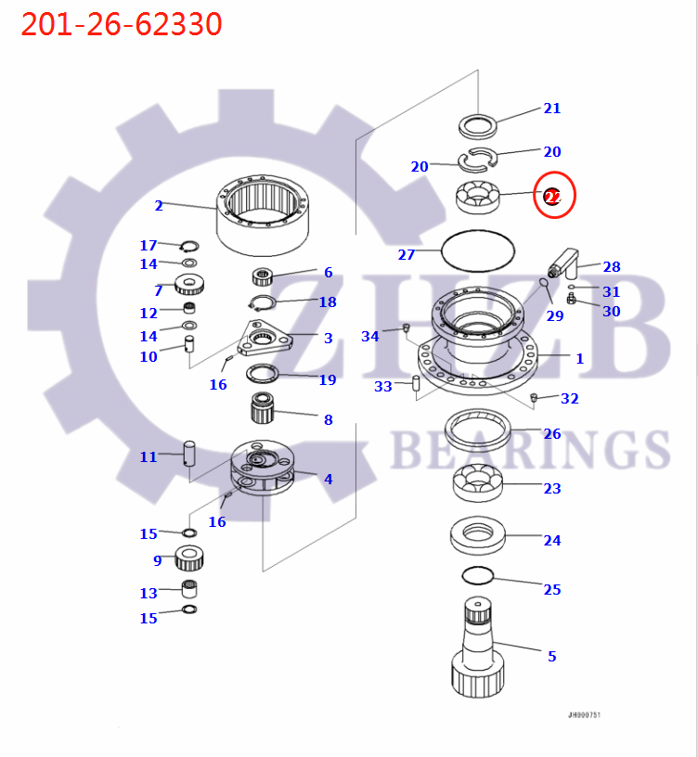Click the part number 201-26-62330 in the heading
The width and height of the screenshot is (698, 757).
(x=122, y=24)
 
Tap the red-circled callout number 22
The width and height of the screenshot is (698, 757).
(x=552, y=197)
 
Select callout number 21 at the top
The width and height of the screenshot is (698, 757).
(x=552, y=109)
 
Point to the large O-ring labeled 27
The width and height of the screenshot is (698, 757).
(x=477, y=249)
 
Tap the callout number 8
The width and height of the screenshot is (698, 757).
(x=328, y=420)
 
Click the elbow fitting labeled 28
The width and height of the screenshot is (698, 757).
(x=563, y=263)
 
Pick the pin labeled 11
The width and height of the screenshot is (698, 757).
(x=190, y=453)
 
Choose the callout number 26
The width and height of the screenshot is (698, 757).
(x=552, y=434)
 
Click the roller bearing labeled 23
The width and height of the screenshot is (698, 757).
(x=478, y=483)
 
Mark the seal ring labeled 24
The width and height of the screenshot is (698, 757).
(x=477, y=535)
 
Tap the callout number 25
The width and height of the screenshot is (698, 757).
(x=552, y=590)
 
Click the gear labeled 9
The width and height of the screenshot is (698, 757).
(x=189, y=558)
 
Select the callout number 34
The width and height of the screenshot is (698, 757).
(x=370, y=337)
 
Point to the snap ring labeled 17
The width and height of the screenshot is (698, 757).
(x=189, y=246)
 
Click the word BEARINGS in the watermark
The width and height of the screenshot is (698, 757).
(x=529, y=449)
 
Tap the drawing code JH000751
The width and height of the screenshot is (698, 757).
(x=584, y=715)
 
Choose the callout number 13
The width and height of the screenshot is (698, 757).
(x=149, y=594)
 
